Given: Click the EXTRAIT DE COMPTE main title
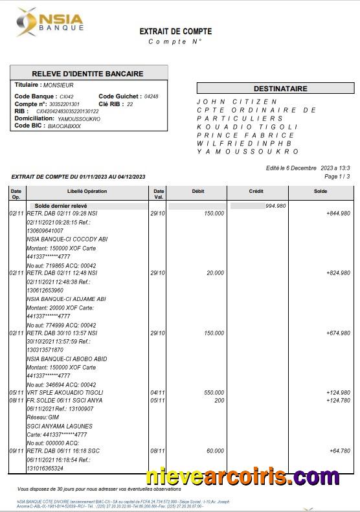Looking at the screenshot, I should tap(175, 31).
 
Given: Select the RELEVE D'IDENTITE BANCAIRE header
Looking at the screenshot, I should tap(87, 74).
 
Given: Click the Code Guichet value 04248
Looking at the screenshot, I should tap(151, 96).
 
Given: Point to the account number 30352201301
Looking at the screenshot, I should tap(65, 104).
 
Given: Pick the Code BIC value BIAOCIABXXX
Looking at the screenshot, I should tap(65, 126).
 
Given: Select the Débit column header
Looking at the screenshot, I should tap(197, 191).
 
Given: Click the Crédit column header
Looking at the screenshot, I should tap(256, 191).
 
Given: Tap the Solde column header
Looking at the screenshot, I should tap(320, 191).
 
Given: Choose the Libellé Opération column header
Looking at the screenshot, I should tap(87, 191).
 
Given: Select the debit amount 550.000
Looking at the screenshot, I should tap(214, 392).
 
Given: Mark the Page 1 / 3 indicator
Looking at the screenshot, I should tap(337, 176).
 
